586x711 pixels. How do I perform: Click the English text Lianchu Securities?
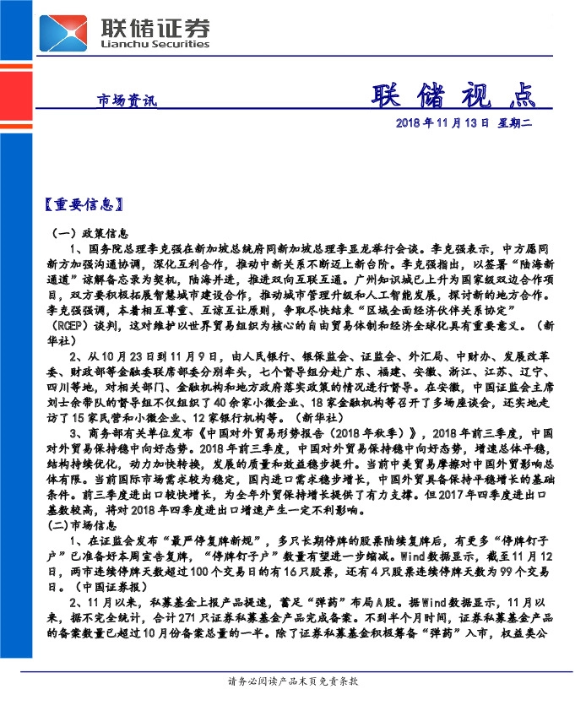(x=155, y=45)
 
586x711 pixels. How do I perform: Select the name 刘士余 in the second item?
(x=67, y=401)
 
